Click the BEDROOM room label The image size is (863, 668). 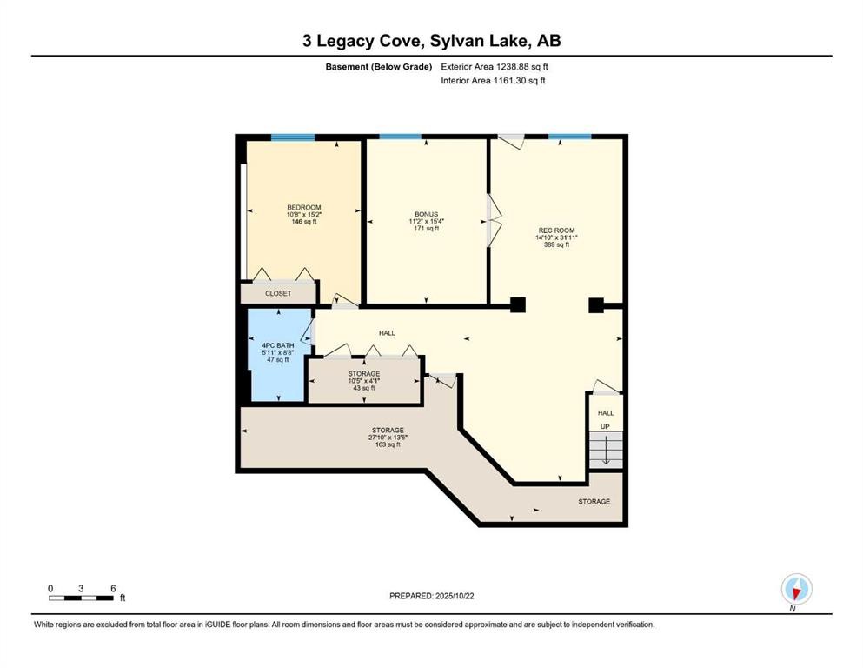(304, 208)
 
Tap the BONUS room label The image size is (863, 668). (427, 214)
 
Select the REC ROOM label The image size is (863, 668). (556, 230)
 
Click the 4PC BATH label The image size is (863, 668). (278, 345)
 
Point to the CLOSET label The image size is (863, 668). (278, 293)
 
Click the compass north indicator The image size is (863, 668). (796, 589)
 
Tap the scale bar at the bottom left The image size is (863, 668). (82, 598)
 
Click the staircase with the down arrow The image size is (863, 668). (606, 450)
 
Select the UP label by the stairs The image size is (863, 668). (605, 426)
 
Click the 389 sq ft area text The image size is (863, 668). (556, 244)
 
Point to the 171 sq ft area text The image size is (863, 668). (427, 228)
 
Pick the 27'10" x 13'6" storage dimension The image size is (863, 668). (388, 438)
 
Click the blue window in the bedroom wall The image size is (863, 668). (293, 137)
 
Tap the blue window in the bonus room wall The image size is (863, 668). (400, 137)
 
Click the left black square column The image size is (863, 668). (517, 305)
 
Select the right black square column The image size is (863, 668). (596, 305)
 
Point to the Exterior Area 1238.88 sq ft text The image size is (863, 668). (495, 67)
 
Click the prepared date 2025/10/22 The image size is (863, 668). (455, 596)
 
